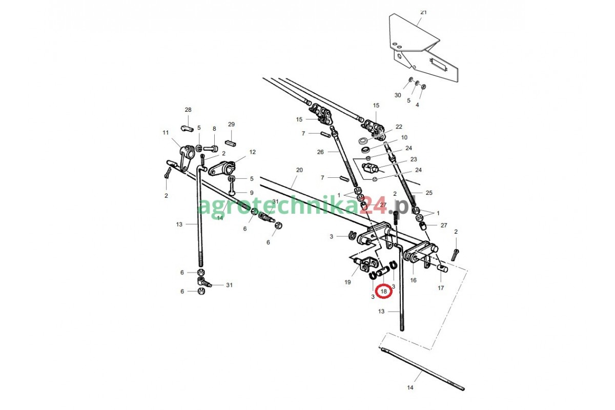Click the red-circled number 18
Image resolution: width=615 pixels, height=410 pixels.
pos(384,292)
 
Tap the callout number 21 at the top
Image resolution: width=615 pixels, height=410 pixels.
pos(423,12)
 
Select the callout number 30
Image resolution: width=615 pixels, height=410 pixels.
pos(398,95)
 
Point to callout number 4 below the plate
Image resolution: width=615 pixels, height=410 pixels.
pos(417,105)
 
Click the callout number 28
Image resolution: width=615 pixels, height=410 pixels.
pos(188,110)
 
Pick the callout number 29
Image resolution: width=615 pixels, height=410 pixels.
pos(231,125)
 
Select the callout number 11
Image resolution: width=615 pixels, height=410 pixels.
pos(166,133)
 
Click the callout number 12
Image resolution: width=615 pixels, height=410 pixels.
pos(252,152)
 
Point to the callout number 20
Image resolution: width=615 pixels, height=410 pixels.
pos(300,170)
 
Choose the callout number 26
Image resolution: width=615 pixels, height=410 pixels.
pos(320,152)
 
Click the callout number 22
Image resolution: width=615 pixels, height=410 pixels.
pos(399,127)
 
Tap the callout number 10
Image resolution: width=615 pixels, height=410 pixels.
pos(404,137)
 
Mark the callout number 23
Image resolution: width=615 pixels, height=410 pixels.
pos(414,159)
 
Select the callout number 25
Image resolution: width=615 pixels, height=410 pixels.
pos(429,193)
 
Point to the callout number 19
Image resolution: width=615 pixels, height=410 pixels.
pos(347,282)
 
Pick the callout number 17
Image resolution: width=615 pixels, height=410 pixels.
pos(441,288)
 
